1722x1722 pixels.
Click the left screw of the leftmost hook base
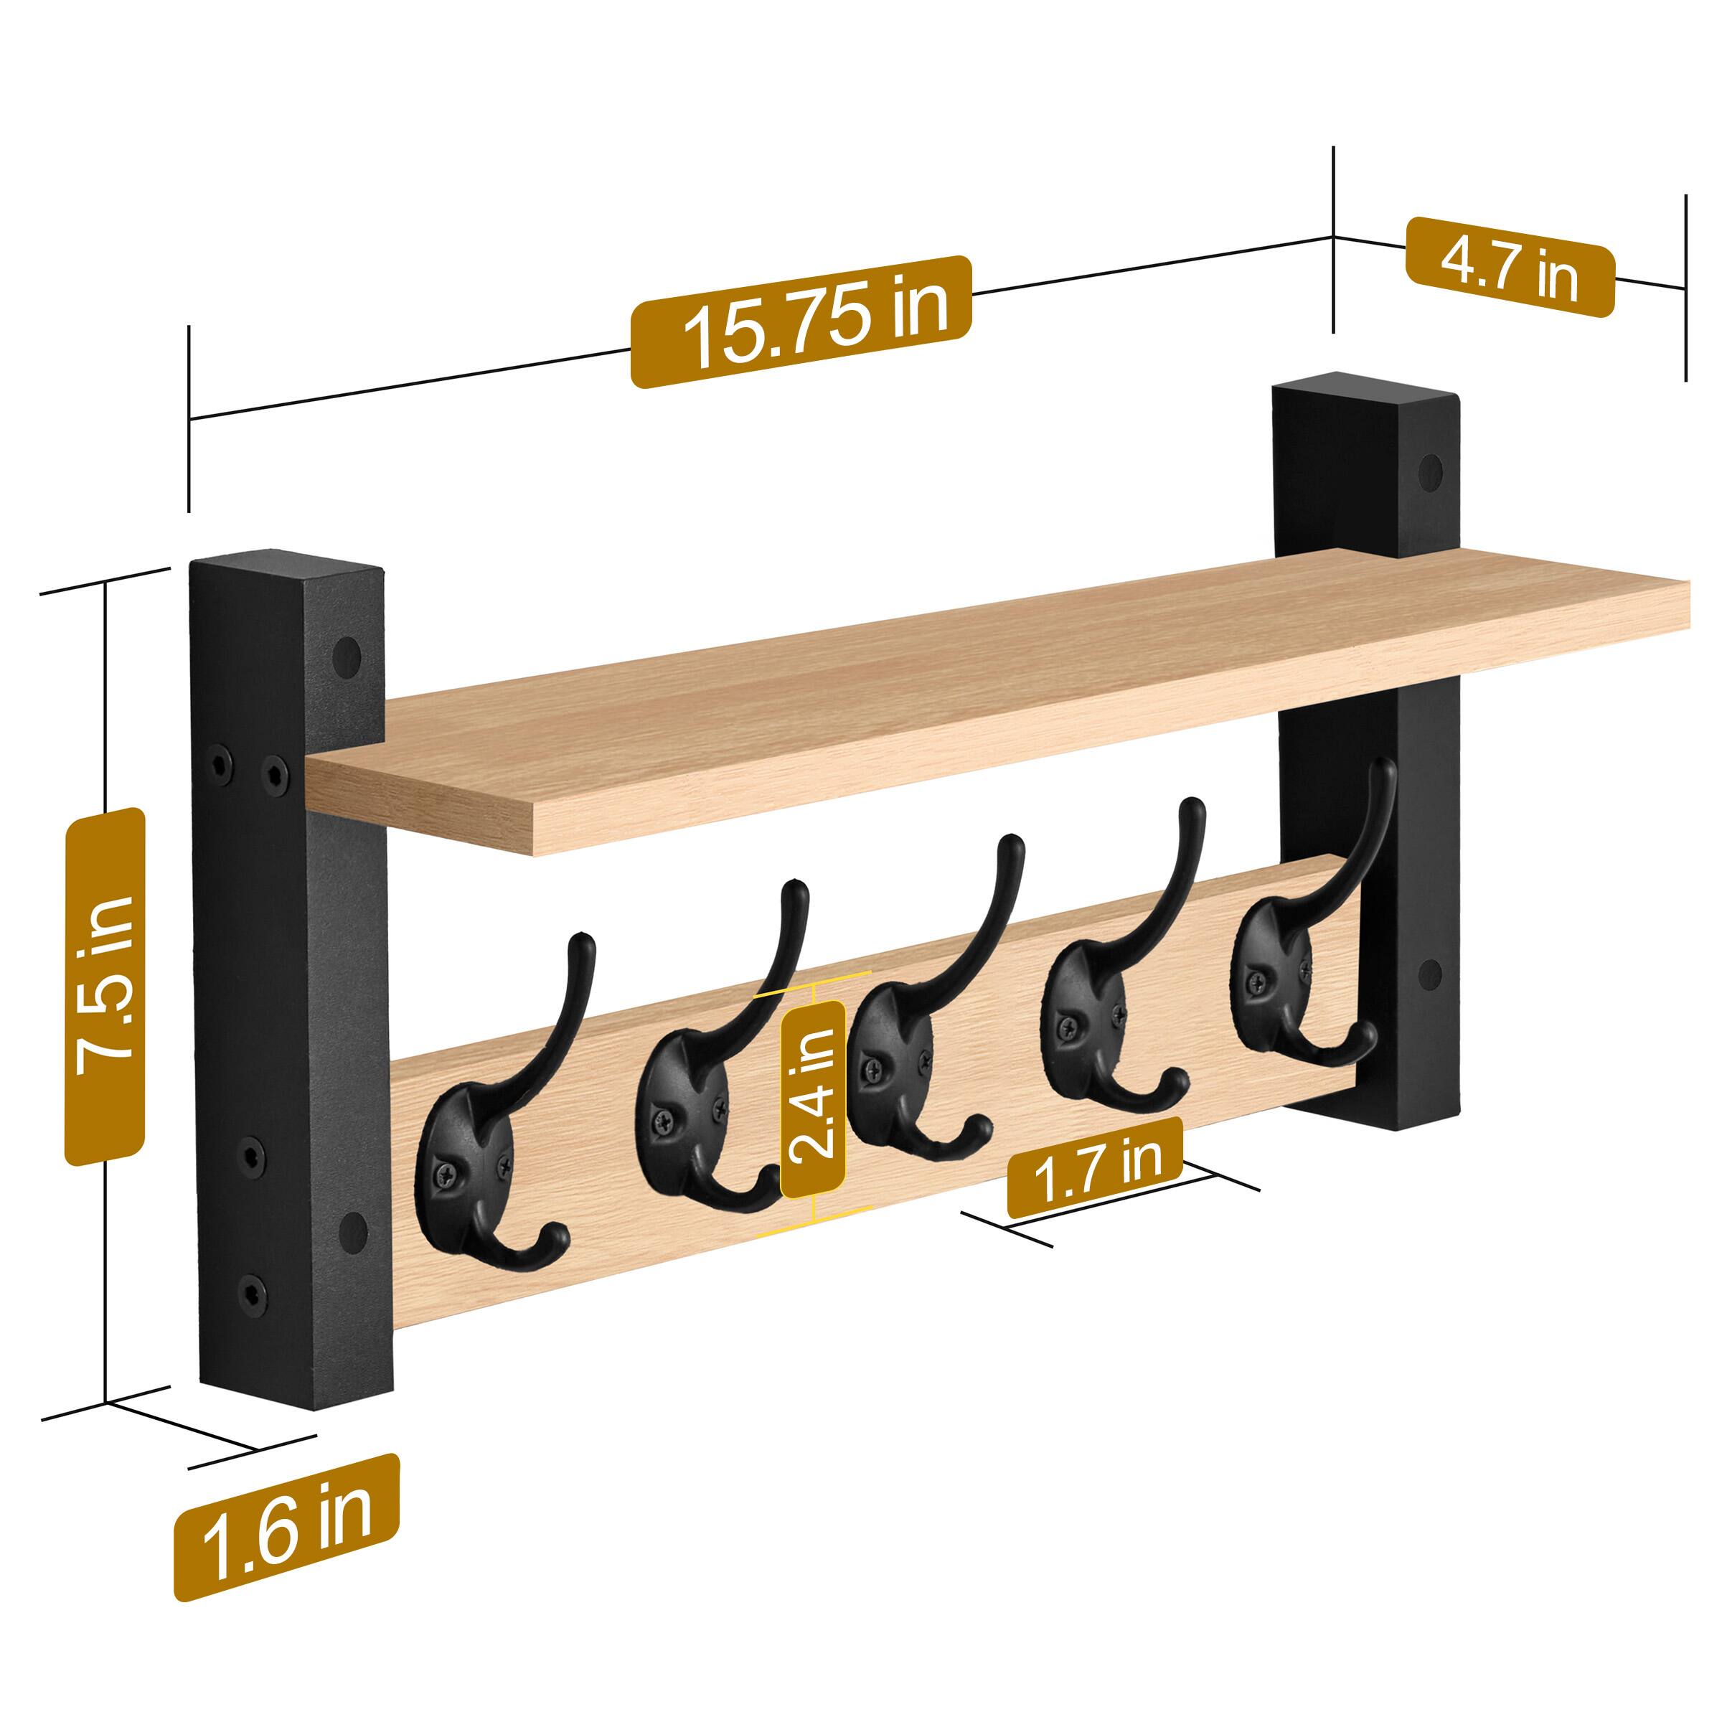pos(445,1176)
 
